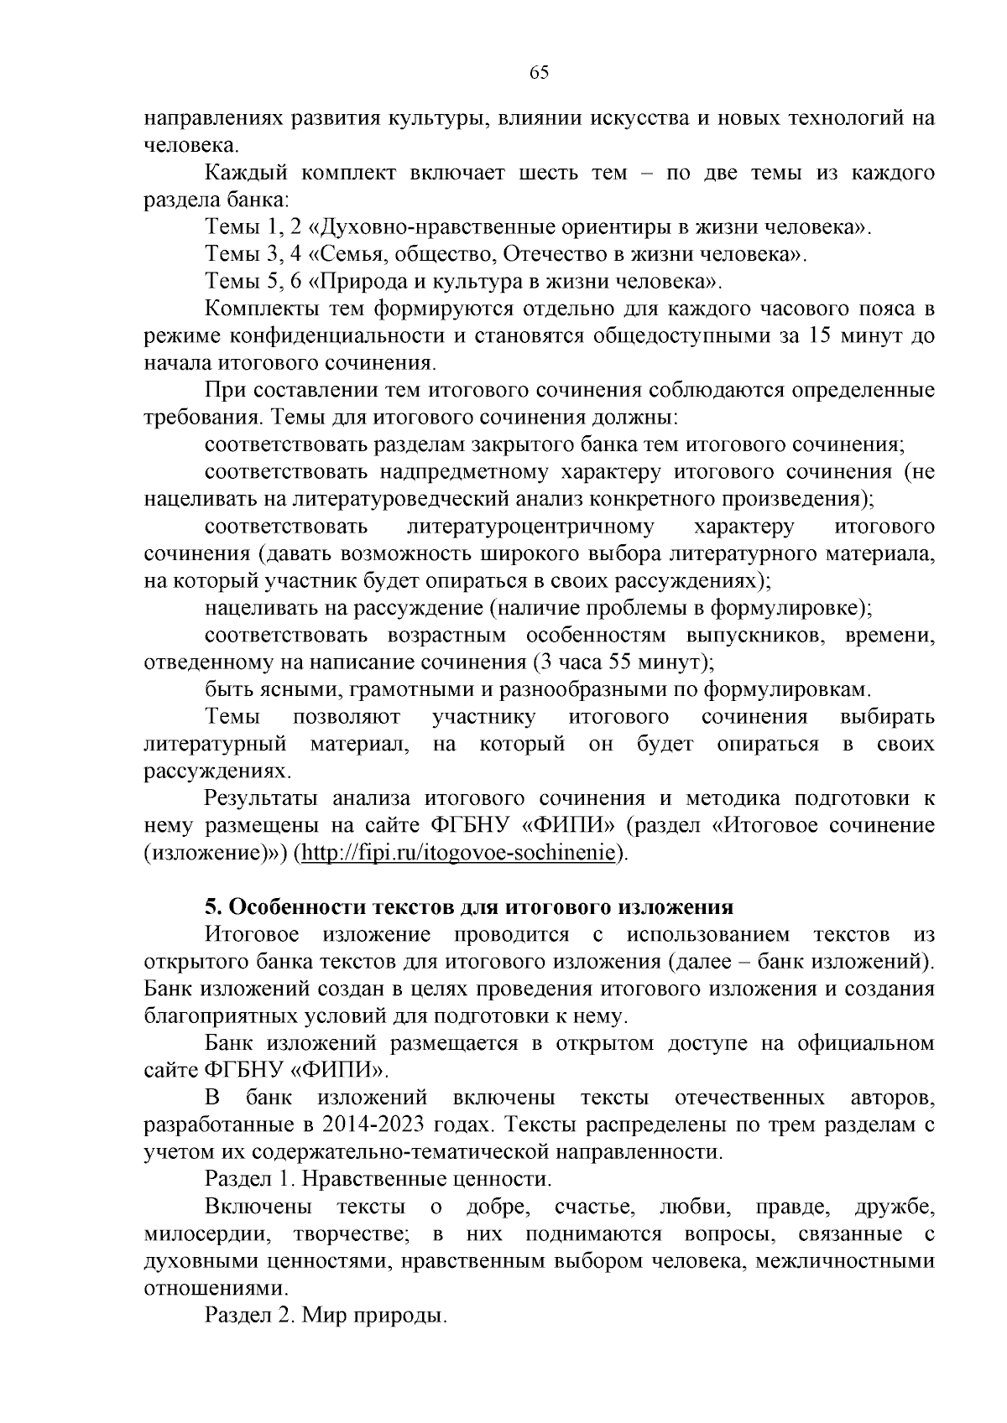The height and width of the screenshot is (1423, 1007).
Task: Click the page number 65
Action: coord(539,72)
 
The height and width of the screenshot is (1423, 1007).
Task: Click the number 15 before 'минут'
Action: coord(821,336)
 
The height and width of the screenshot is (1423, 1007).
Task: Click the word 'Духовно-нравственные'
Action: coord(414,227)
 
